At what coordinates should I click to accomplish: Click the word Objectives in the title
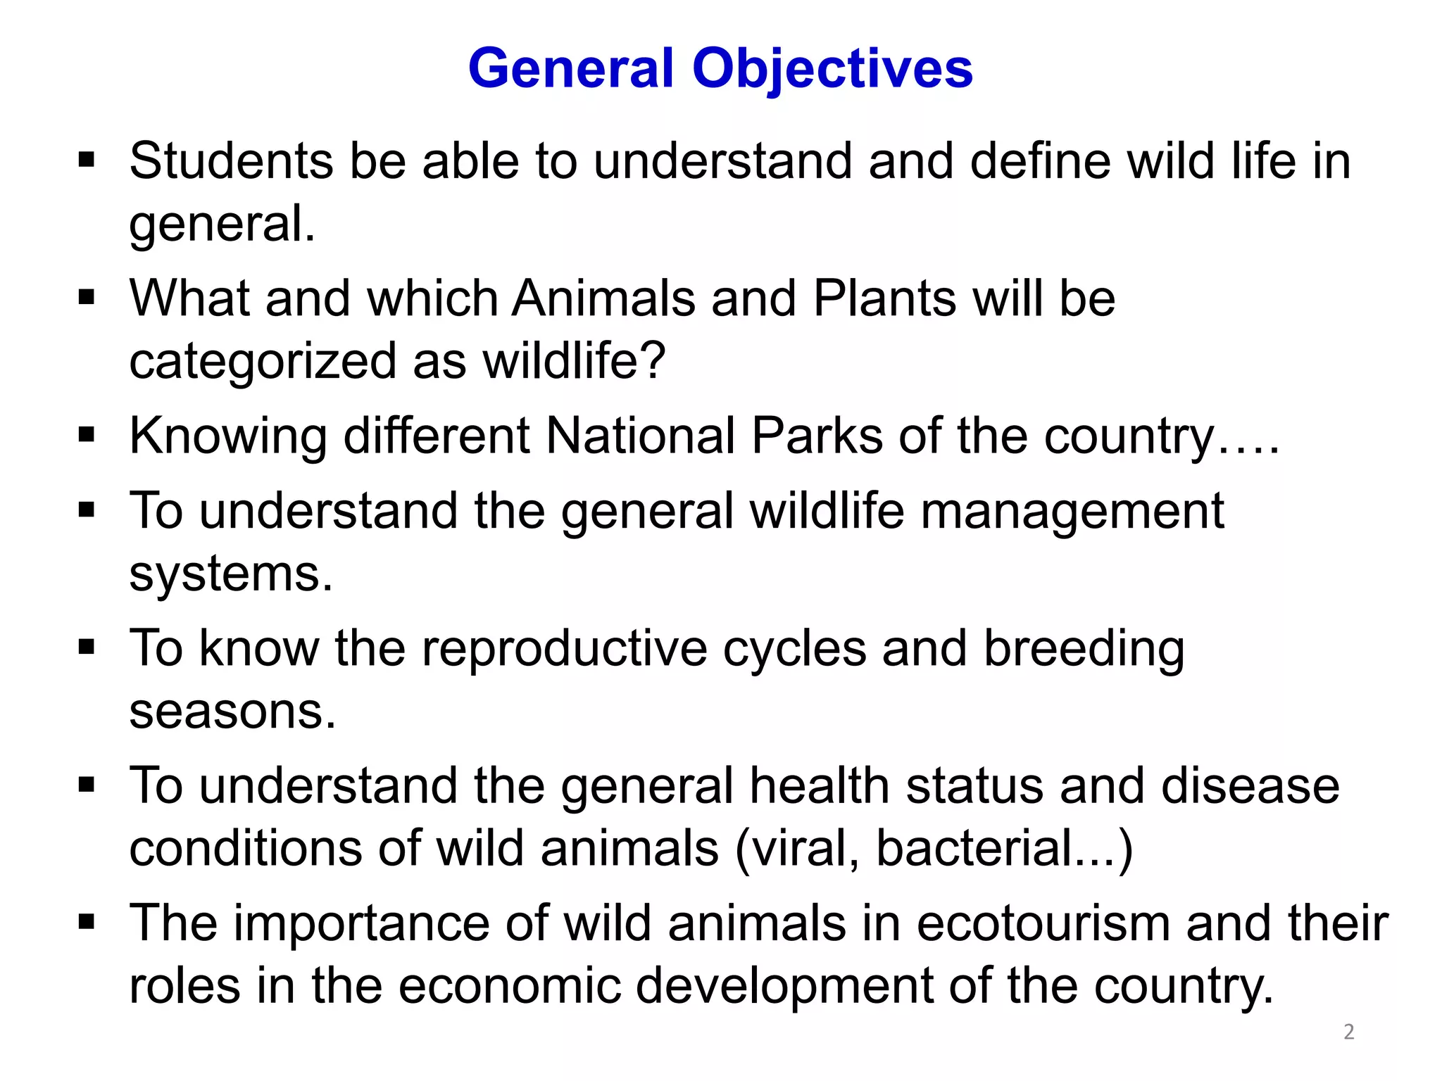(x=832, y=69)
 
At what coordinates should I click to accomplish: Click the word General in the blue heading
(x=571, y=69)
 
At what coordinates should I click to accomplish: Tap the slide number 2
(x=1348, y=1032)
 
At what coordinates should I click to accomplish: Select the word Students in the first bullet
(x=231, y=161)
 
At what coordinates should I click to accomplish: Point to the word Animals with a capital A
(x=603, y=298)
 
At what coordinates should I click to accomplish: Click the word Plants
(x=884, y=298)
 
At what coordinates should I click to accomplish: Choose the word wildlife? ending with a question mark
(x=574, y=361)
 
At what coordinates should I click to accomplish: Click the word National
(x=640, y=436)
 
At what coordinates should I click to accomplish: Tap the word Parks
(x=817, y=436)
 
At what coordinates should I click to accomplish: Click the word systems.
(x=230, y=574)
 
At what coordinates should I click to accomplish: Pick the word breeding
(x=1084, y=649)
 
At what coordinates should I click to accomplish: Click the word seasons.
(x=232, y=712)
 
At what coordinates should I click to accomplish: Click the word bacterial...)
(x=1004, y=849)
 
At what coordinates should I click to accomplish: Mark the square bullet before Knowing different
(x=87, y=434)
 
